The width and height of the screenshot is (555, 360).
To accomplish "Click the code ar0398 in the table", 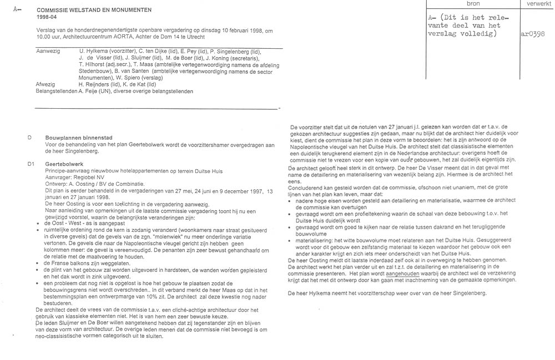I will pos(533,33).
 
